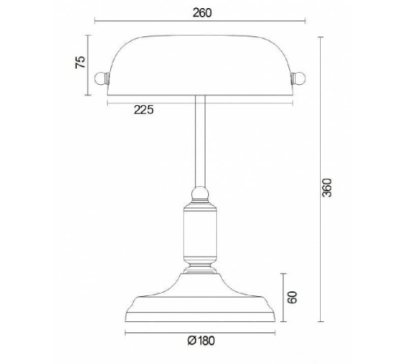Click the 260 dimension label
pos(202,13)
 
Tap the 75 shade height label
pos(80,62)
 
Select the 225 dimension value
pos(144,110)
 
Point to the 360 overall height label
pos(327,188)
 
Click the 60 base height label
pos(292,298)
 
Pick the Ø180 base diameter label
pos(202,341)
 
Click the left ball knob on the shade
pos(100,78)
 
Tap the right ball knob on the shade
pos(299,78)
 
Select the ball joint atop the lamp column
pos(200,193)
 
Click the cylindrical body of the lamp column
pos(200,234)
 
